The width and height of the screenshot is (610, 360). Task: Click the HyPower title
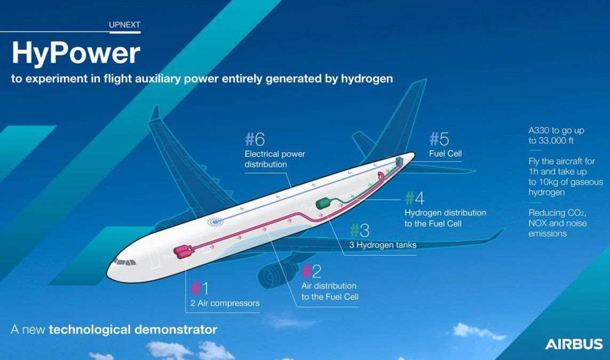click(x=76, y=54)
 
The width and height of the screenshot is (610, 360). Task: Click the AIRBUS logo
click(x=574, y=344)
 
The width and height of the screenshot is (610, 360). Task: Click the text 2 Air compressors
click(x=225, y=303)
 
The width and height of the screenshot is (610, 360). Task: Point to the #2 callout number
click(x=311, y=271)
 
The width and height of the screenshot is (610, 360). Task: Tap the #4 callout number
click(x=414, y=198)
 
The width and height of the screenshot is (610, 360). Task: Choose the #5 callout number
click(x=439, y=139)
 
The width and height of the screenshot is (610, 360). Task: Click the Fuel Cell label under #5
click(x=445, y=154)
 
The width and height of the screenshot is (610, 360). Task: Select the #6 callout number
click(x=255, y=139)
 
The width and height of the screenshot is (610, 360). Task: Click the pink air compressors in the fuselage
click(x=183, y=251)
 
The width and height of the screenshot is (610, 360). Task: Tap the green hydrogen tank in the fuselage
click(x=324, y=203)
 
